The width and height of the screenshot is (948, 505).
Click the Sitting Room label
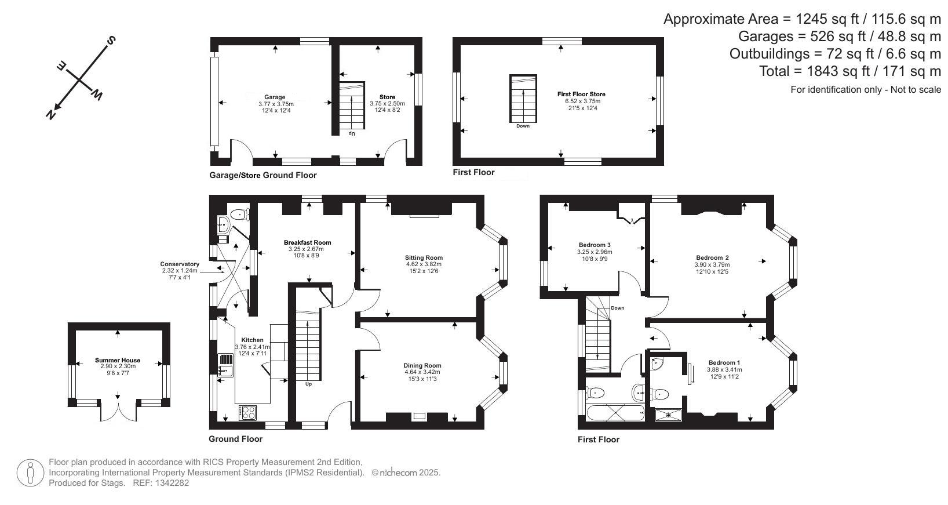pyautogui.click(x=424, y=257)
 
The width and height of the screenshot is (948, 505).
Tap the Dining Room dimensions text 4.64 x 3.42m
pyautogui.click(x=422, y=372)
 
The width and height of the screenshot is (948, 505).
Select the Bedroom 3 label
pyautogui.click(x=595, y=245)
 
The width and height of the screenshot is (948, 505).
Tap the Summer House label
pyautogui.click(x=118, y=360)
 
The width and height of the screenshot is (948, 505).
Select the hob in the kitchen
pyautogui.click(x=248, y=413)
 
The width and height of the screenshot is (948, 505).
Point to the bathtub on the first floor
pyautogui.click(x=615, y=413)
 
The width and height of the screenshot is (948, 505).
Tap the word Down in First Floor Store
pyautogui.click(x=522, y=126)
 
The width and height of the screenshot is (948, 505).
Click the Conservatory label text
pyautogui.click(x=180, y=264)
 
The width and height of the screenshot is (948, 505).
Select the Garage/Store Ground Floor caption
pyautogui.click(x=263, y=175)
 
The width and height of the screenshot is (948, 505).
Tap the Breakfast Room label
pyautogui.click(x=307, y=242)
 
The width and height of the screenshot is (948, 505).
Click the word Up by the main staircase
pyautogui.click(x=308, y=384)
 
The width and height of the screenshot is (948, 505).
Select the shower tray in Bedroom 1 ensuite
pyautogui.click(x=668, y=415)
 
